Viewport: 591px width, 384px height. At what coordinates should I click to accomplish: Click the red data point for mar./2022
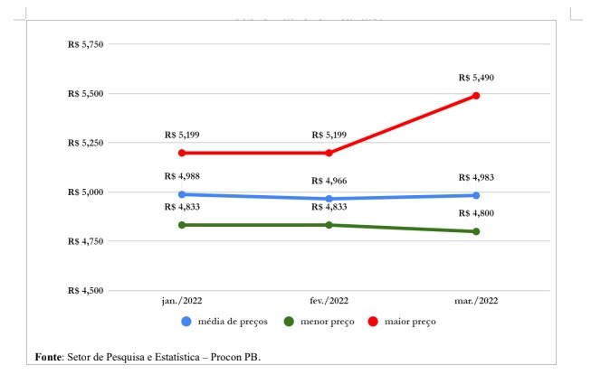click(476, 95)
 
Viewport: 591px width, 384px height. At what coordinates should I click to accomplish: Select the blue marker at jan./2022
click(182, 194)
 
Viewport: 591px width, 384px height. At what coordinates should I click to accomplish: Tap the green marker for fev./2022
click(329, 225)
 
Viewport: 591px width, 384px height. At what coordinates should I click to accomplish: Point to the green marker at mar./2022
click(476, 231)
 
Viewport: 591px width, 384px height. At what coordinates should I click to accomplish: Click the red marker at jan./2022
click(182, 153)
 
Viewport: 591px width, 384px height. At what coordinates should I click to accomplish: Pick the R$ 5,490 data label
click(476, 78)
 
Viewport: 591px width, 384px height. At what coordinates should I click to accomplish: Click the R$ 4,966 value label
click(329, 182)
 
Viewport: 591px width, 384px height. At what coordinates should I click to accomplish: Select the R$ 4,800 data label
click(476, 213)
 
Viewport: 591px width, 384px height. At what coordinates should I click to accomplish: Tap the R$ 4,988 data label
click(182, 176)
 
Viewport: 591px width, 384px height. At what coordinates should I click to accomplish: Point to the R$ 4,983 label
click(476, 177)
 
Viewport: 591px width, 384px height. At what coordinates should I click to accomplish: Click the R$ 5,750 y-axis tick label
click(86, 44)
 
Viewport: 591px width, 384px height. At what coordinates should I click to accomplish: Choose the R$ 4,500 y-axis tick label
click(86, 291)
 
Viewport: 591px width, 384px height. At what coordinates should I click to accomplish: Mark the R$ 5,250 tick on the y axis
click(86, 143)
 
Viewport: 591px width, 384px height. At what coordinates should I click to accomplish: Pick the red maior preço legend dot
click(373, 322)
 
